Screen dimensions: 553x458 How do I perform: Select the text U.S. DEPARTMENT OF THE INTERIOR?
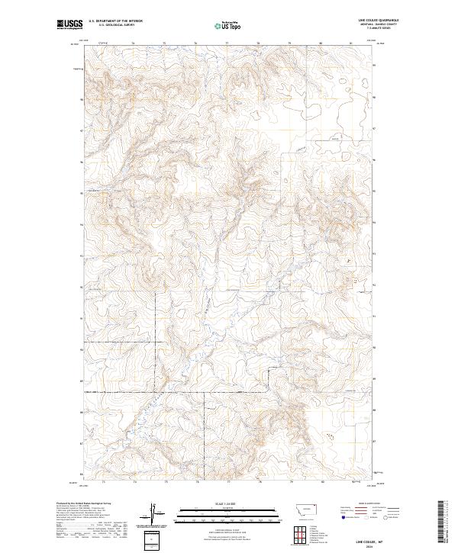click(x=115, y=21)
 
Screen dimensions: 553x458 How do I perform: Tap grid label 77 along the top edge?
click(x=227, y=43)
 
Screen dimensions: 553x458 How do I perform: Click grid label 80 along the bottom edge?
click(x=322, y=482)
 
